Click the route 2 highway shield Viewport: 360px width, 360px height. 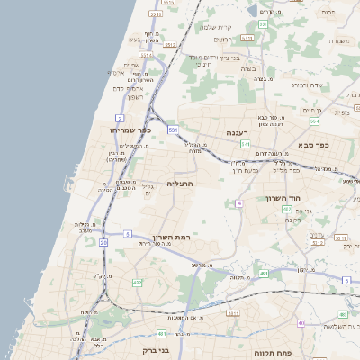[x=120, y=118]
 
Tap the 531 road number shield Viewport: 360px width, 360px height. [x=173, y=130]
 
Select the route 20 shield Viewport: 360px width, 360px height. [x=104, y=242]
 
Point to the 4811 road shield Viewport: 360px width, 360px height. [x=233, y=312]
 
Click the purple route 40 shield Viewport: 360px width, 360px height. [x=239, y=204]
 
